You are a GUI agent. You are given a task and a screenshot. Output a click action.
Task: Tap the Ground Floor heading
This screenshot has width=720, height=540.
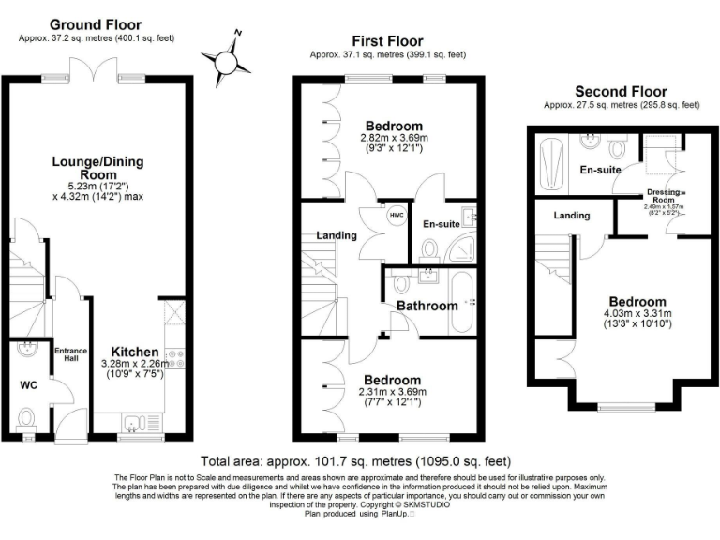pyautogui.click(x=95, y=24)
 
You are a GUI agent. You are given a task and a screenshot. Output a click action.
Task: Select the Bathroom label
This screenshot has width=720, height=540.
pyautogui.click(x=427, y=306)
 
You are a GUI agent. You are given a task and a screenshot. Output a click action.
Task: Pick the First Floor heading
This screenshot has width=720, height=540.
pyautogui.click(x=387, y=41)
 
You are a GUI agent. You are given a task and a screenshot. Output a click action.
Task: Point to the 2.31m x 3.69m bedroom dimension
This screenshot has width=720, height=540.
pyautogui.click(x=394, y=392)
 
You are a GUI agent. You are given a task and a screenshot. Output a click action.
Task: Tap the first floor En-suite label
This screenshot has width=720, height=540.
pyautogui.click(x=441, y=225)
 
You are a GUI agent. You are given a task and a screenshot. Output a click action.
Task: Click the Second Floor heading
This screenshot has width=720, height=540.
pyautogui.click(x=621, y=91)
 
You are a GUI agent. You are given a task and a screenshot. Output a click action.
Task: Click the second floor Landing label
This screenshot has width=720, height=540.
pyautogui.click(x=572, y=216)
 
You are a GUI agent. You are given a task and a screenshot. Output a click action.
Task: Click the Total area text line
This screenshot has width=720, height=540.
pyautogui.click(x=356, y=462)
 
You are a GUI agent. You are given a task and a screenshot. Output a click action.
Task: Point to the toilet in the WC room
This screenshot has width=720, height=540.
pyautogui.click(x=27, y=416)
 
